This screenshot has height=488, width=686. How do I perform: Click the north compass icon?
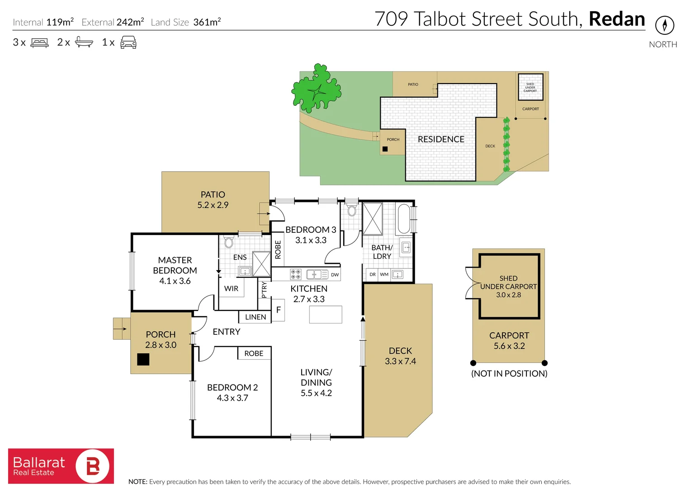[x=664, y=25]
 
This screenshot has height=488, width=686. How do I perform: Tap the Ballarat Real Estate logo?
[x=61, y=466]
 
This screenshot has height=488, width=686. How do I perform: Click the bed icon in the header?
[x=39, y=43]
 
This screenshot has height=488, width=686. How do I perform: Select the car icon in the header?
[x=128, y=42]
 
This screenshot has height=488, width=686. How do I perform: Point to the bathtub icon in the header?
[x=84, y=42]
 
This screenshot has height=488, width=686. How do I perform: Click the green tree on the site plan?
[x=317, y=89]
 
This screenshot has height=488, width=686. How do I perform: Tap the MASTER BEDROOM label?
[x=175, y=265]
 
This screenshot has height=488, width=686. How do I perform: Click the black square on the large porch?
[x=143, y=359]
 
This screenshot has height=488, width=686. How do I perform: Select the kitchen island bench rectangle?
[x=326, y=314]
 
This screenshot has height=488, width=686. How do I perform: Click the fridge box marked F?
[x=279, y=310]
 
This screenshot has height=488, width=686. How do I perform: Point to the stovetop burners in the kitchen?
[x=296, y=274]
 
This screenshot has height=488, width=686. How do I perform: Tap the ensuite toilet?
[x=229, y=242]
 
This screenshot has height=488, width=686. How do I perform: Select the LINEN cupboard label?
[x=255, y=317]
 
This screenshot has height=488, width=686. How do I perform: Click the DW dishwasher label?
[x=335, y=275]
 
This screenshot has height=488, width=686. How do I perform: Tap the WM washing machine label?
[x=384, y=274]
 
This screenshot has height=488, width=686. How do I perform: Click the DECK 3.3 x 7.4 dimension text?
[x=400, y=361]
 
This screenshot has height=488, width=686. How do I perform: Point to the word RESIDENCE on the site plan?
[x=441, y=140]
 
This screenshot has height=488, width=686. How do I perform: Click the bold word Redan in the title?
[x=617, y=19]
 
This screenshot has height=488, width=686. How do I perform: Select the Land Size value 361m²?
[x=207, y=22]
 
